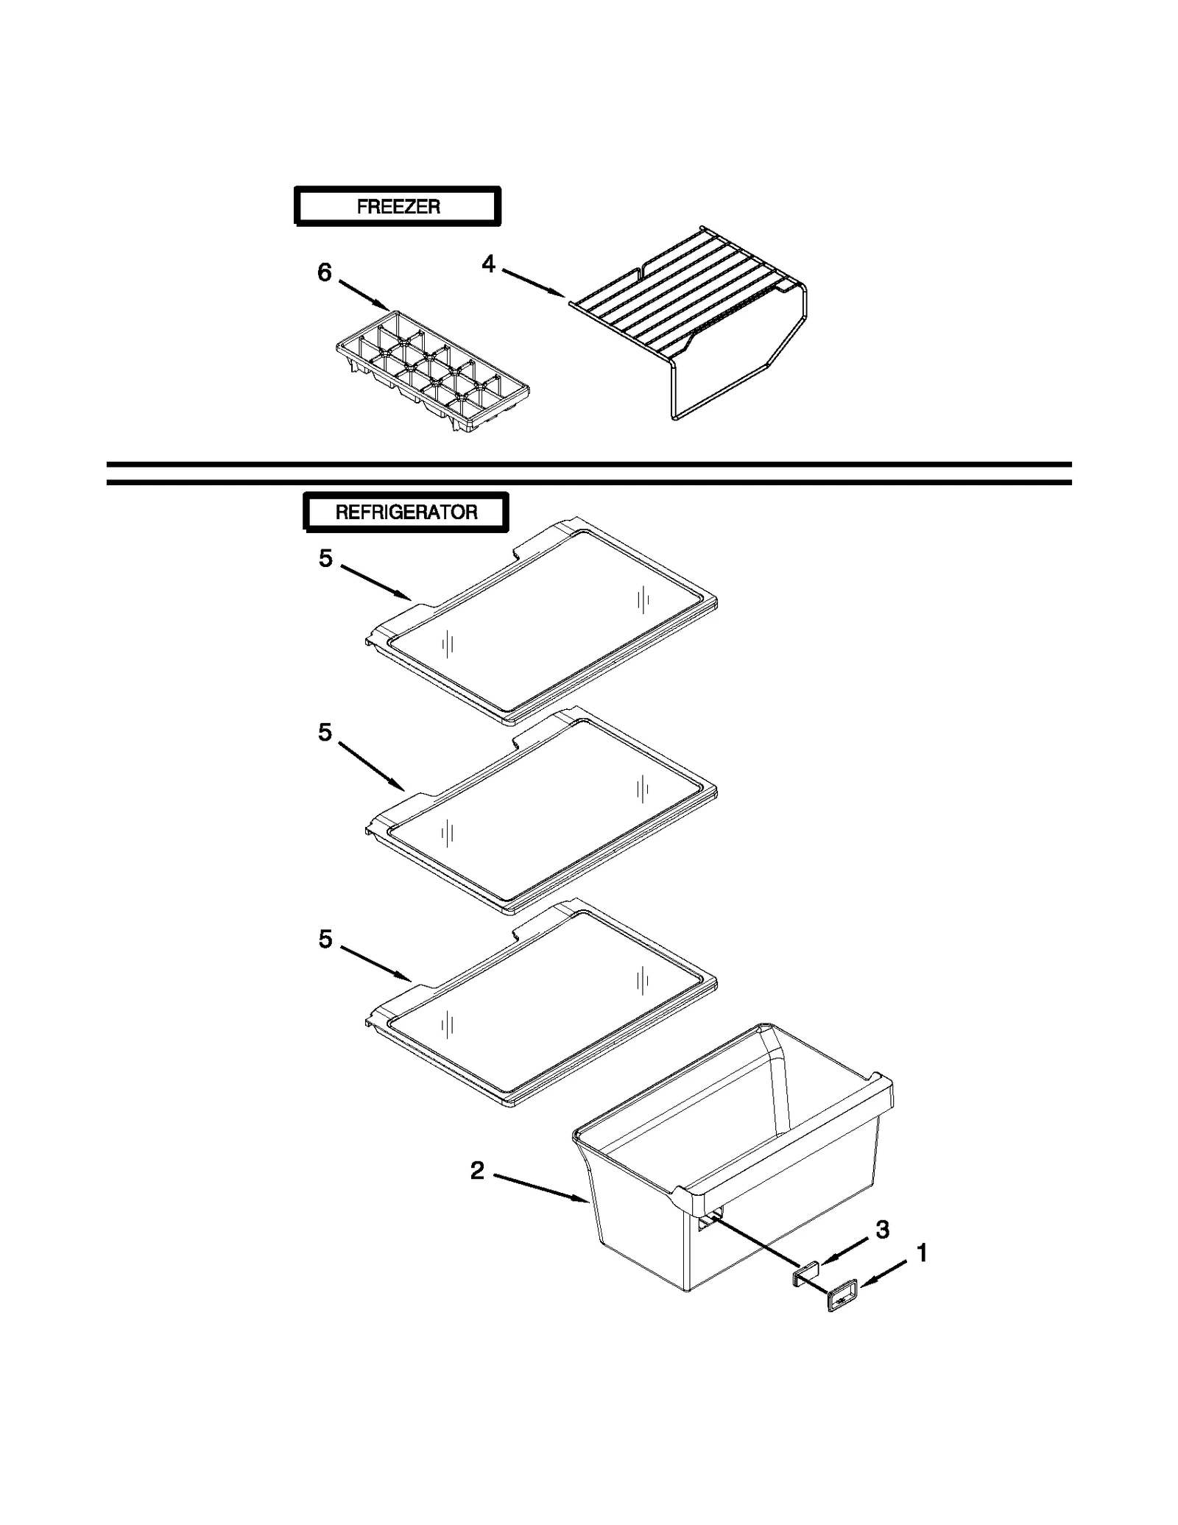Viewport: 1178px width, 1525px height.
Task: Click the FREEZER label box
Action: tap(398, 206)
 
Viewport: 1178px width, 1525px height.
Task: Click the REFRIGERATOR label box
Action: tap(406, 512)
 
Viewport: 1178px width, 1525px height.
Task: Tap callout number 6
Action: tap(325, 273)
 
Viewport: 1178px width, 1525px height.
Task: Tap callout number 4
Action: tap(489, 264)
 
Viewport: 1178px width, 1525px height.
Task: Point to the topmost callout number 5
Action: tap(325, 558)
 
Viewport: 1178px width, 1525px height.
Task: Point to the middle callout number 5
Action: tap(325, 732)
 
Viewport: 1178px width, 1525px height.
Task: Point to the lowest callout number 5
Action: tap(325, 939)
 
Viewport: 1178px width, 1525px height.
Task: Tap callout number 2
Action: tap(478, 1171)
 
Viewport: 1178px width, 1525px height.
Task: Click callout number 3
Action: tap(883, 1229)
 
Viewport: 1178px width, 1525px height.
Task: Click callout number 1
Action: tap(921, 1253)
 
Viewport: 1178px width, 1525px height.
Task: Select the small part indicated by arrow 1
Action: tap(842, 1301)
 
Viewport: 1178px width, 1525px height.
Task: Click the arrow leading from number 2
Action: tap(541, 1188)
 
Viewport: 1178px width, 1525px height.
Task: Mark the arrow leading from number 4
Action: tap(534, 283)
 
